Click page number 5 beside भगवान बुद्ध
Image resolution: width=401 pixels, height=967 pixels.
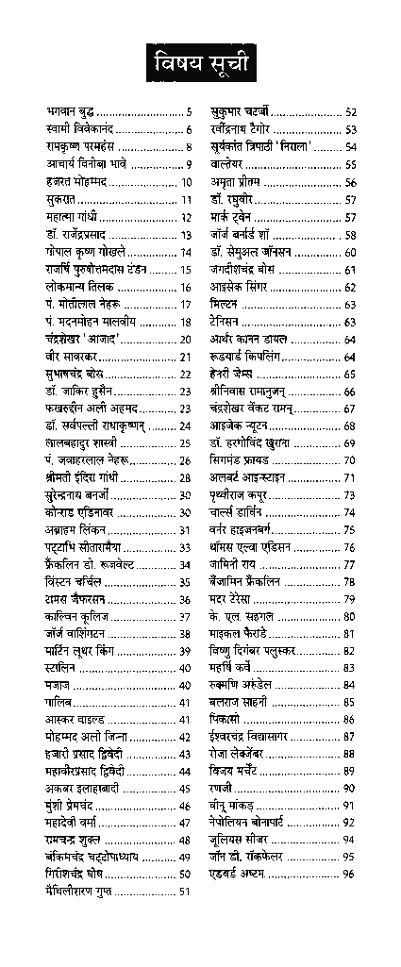point(189,111)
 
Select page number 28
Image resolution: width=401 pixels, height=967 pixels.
point(186,478)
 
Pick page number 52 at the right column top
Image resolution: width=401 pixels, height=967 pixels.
point(350,111)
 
